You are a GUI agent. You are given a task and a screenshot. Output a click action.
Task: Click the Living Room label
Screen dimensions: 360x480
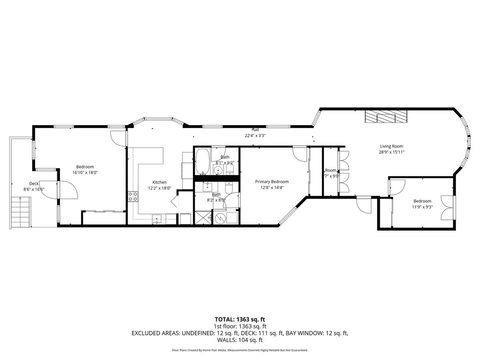(x=391, y=146)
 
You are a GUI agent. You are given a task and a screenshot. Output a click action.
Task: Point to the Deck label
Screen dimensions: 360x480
(x=33, y=183)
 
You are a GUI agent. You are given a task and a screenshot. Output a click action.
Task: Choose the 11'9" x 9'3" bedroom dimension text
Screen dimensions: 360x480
(x=422, y=207)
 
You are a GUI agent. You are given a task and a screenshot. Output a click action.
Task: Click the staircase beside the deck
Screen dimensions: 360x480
(x=17, y=213)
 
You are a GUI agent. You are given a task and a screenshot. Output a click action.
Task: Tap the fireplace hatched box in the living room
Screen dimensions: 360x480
(x=384, y=115)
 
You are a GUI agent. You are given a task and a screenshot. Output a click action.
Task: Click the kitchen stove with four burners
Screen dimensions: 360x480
(x=132, y=196)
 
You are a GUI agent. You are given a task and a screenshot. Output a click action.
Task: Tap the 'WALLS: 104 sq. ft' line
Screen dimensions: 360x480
(x=240, y=340)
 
